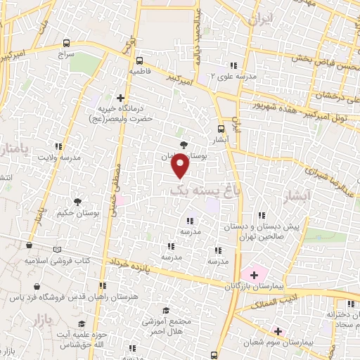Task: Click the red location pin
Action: point(181,166)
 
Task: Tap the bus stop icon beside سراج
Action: point(66,43)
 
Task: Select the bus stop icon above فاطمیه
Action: point(139,60)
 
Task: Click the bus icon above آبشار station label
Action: point(221,129)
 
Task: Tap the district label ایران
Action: point(259,20)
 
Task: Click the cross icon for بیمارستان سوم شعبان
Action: point(277,331)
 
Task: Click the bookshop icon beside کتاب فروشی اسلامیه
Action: point(57,248)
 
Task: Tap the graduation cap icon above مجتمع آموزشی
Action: point(166,310)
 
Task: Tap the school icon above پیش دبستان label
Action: point(262,217)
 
